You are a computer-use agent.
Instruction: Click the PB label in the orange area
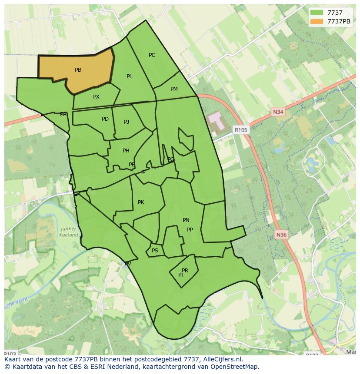pyautogui.click(x=78, y=70)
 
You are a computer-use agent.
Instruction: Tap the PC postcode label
pyautogui.click(x=152, y=55)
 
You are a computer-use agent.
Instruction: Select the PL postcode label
pyautogui.click(x=130, y=76)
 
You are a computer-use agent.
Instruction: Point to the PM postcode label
pyautogui.click(x=174, y=89)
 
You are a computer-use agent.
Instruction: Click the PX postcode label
pyautogui.click(x=96, y=97)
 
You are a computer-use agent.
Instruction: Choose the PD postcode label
pyautogui.click(x=105, y=119)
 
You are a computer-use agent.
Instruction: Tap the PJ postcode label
pyautogui.click(x=127, y=122)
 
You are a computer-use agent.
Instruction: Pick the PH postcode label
pyautogui.click(x=126, y=151)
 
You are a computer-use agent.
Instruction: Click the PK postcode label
pyautogui.click(x=141, y=202)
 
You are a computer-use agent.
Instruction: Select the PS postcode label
pyautogui.click(x=155, y=251)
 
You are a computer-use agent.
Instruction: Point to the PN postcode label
pyautogui.click(x=186, y=220)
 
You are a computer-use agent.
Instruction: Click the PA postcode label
pyautogui.click(x=63, y=114)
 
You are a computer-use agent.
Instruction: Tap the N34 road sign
pyautogui.click(x=278, y=112)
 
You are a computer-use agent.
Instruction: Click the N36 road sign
pyautogui.click(x=281, y=235)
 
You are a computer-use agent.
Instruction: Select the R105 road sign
pyautogui.click(x=240, y=129)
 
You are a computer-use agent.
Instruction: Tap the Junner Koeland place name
pyautogui.click(x=69, y=232)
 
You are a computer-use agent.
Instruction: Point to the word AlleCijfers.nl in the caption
pyautogui.click(x=220, y=359)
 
